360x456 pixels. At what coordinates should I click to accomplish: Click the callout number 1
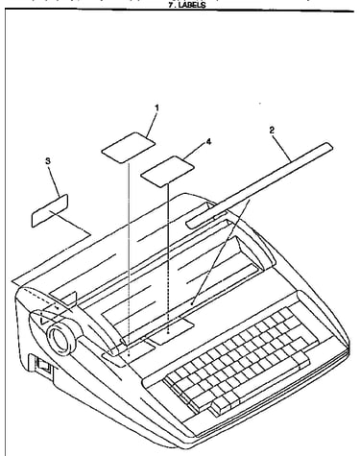pos(156,108)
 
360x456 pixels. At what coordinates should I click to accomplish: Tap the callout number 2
pos(272,130)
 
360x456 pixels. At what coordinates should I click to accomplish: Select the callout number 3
pos(48,161)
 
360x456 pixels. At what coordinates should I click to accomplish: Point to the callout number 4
pos(208,141)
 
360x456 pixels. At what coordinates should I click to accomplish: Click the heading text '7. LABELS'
pos(187,5)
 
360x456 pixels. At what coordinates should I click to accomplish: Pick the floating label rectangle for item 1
pos(129,148)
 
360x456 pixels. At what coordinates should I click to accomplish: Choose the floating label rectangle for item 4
pos(168,171)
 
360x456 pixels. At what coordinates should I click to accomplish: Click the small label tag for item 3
pos(50,210)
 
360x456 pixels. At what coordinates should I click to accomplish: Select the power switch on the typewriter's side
pos(44,367)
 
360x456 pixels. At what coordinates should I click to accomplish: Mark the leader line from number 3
pos(55,180)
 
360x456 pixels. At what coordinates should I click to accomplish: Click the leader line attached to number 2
pos(281,147)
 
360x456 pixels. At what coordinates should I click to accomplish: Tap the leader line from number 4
pos(195,151)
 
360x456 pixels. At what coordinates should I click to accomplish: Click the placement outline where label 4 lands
pos(170,332)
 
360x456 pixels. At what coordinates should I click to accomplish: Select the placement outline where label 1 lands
pos(132,352)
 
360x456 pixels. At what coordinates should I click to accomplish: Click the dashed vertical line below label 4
pos(168,259)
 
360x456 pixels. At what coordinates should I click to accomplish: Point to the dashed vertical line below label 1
pos(129,259)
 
